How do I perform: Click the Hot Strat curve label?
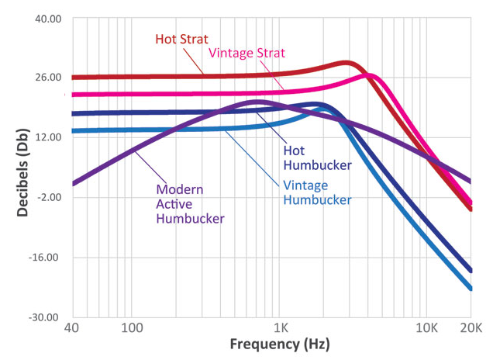click(x=181, y=39)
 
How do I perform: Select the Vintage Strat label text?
click(x=247, y=53)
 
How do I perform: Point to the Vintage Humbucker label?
click(x=316, y=192)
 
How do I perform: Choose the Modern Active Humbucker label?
click(x=190, y=203)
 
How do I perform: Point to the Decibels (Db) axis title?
click(x=20, y=168)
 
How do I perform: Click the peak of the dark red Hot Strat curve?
click(x=346, y=63)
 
